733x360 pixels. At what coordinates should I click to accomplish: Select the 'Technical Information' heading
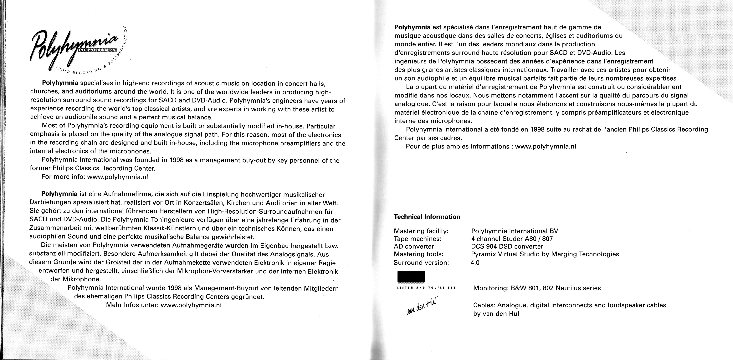(427, 217)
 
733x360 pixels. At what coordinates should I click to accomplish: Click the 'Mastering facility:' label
(421, 231)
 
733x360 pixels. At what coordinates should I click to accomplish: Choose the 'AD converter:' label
(415, 246)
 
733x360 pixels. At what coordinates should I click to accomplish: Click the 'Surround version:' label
(421, 263)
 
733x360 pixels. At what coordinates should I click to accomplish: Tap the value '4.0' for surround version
(475, 263)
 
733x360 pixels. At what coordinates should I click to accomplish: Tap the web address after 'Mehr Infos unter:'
(191, 305)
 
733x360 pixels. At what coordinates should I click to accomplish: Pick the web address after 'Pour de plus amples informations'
(546, 147)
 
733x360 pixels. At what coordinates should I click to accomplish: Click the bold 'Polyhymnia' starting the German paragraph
(59, 194)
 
